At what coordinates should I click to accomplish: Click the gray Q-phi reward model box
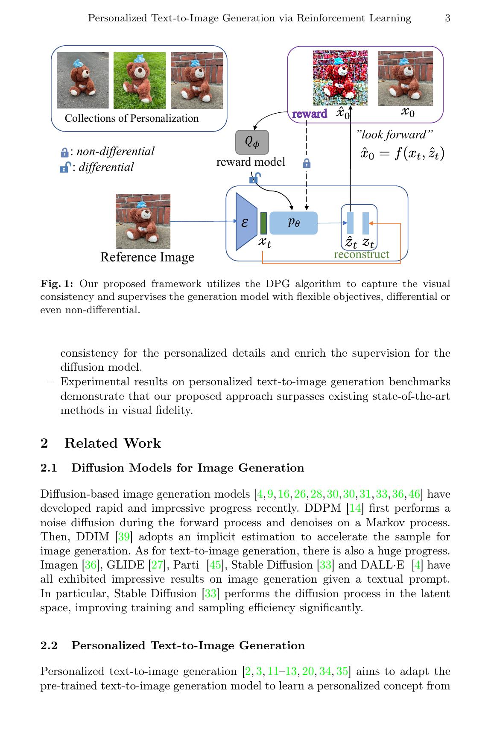[x=252, y=142]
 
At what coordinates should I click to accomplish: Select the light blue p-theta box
[x=294, y=223]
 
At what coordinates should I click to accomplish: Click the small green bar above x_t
[x=263, y=223]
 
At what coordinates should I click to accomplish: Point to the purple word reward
[x=310, y=114]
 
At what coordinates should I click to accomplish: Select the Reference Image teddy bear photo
[x=143, y=221]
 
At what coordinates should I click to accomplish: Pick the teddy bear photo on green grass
[x=140, y=80]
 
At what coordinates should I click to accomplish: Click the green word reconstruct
[x=361, y=255]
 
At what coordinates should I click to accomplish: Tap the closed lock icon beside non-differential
[x=64, y=152]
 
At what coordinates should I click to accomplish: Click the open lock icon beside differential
[x=64, y=168]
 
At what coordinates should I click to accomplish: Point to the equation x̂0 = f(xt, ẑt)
[x=402, y=153]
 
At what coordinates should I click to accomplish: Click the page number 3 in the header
[x=447, y=18]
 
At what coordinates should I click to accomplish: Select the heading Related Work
[x=112, y=443]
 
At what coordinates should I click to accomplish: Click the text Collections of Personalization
[x=132, y=118]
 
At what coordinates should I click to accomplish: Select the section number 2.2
[x=49, y=645]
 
